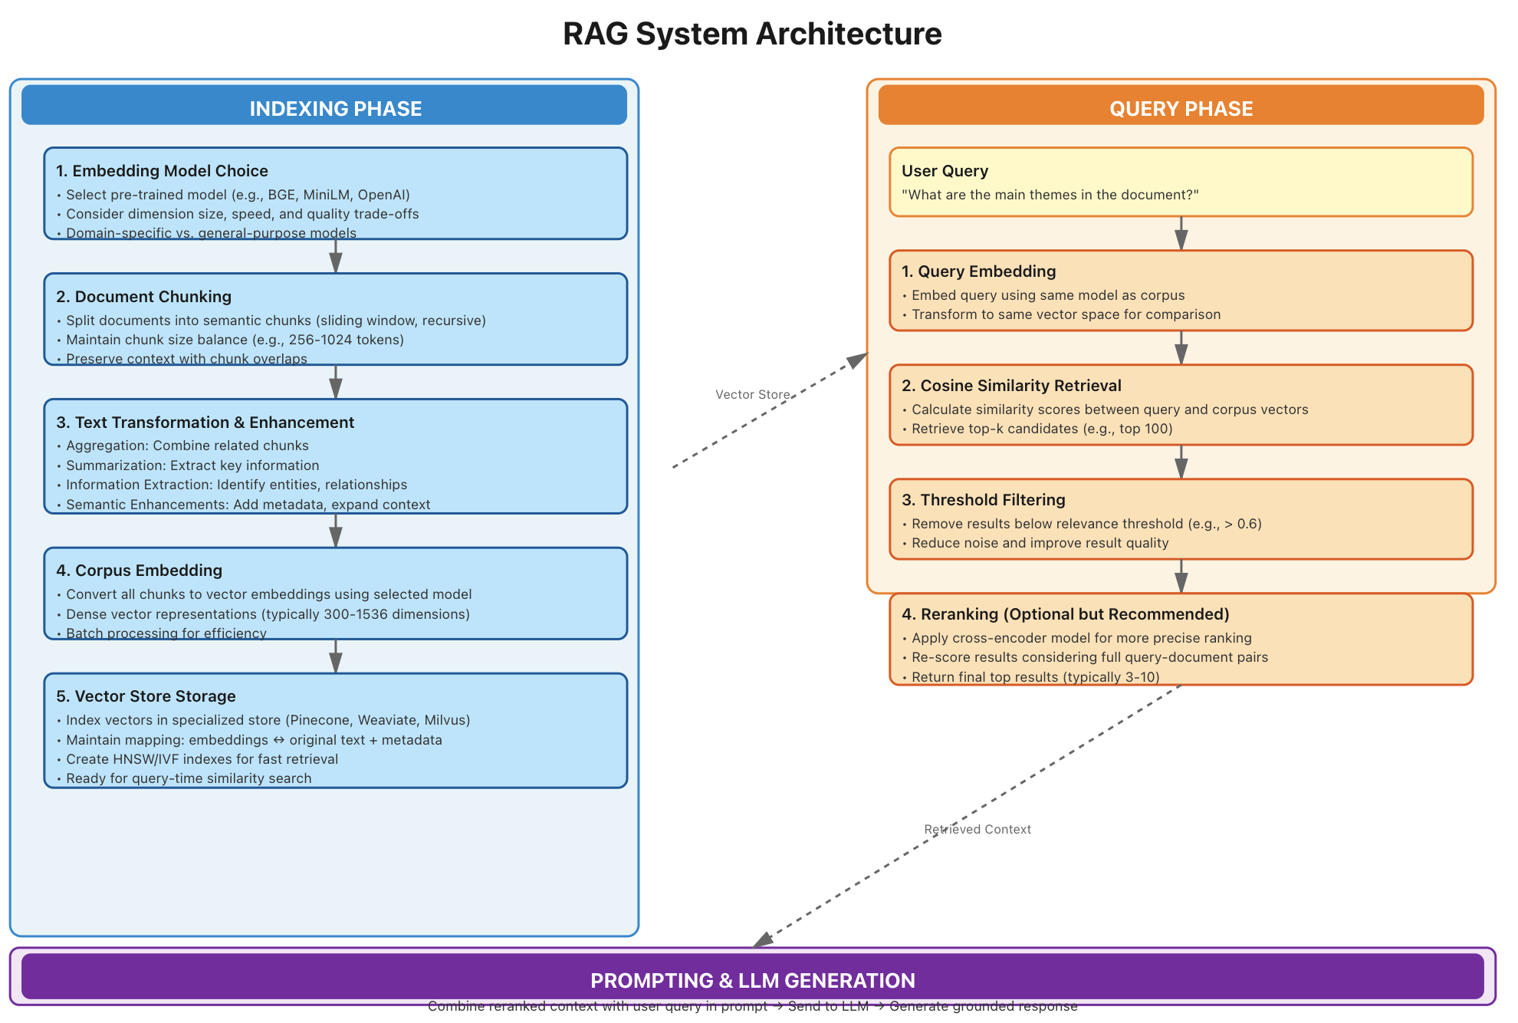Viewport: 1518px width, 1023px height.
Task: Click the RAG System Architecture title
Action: (752, 34)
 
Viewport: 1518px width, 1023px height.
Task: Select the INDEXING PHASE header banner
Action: (335, 108)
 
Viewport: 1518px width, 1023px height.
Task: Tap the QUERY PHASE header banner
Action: (1181, 108)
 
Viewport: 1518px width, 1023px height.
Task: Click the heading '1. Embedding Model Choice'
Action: (162, 171)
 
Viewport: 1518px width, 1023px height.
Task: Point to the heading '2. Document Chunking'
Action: (143, 297)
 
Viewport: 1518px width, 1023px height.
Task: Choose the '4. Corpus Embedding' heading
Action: (139, 571)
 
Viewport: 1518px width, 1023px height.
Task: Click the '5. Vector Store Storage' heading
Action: (146, 696)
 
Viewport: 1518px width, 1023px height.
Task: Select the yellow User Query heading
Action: (945, 171)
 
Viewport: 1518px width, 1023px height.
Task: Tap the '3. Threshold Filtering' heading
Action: (984, 500)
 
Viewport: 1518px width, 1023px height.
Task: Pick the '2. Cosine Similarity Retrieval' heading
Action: (1011, 386)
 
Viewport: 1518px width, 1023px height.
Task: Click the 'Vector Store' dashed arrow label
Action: (752, 395)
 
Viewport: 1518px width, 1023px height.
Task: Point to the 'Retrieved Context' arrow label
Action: (978, 830)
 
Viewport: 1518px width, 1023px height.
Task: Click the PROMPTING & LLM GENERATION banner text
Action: (752, 981)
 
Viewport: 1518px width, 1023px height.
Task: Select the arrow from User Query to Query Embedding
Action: (1181, 233)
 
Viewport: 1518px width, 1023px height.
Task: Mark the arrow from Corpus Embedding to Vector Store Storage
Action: (336, 656)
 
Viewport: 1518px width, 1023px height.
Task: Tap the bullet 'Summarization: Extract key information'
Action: (192, 465)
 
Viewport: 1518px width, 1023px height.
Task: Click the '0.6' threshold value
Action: (1248, 524)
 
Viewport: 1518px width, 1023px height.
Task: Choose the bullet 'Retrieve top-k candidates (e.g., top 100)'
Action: (1042, 429)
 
